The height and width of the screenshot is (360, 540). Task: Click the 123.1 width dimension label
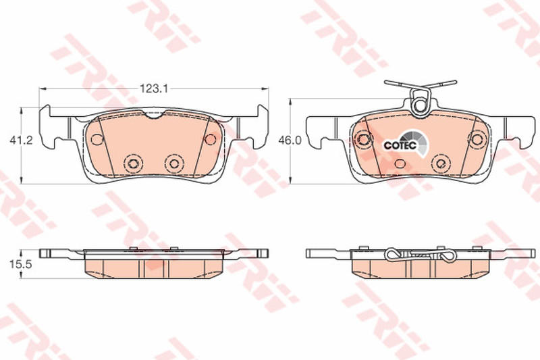click(x=153, y=88)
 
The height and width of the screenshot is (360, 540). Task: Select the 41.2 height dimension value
click(x=22, y=140)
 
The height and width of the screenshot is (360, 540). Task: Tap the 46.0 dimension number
click(x=290, y=140)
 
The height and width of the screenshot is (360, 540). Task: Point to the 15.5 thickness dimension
click(x=21, y=264)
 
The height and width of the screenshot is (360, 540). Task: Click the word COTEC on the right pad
click(x=400, y=145)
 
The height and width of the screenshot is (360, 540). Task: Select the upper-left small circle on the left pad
click(x=97, y=139)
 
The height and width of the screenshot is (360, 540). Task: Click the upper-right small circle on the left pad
click(x=210, y=139)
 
